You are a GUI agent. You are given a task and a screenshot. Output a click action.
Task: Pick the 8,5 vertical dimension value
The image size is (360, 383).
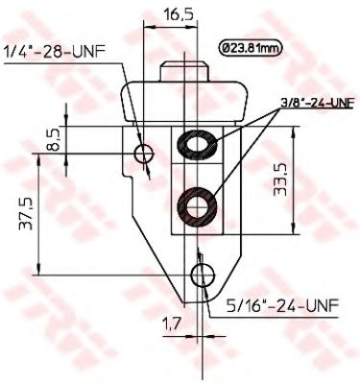coord(54,140)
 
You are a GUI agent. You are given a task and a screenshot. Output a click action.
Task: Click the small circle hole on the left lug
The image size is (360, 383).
coord(144,154)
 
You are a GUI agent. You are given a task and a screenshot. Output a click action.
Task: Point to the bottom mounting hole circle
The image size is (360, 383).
coord(201,276)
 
